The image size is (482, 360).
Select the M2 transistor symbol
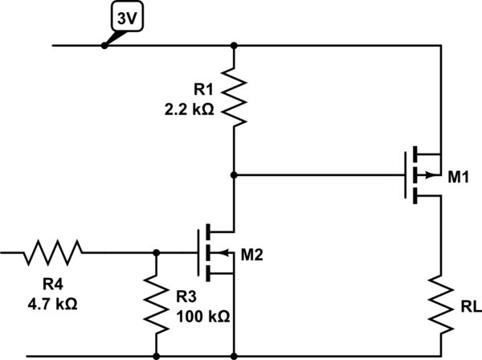tap(214, 252)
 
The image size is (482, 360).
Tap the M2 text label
tap(252, 255)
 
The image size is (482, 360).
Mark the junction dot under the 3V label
tap(104, 46)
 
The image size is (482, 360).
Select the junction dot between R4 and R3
tap(155, 252)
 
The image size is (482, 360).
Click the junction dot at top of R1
tap(233, 46)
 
